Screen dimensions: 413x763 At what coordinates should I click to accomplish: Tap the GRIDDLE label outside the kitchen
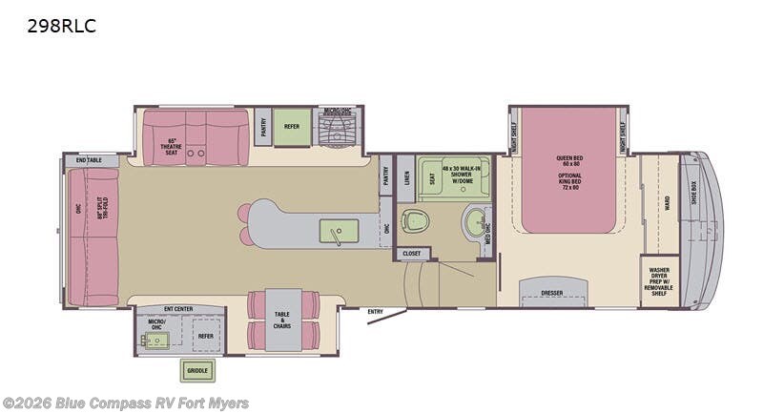[x=197, y=370]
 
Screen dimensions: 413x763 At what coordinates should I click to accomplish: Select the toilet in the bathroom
[x=415, y=220]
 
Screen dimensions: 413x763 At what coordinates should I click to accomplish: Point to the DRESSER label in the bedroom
[x=551, y=293]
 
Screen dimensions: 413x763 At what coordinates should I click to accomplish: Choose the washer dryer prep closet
[x=659, y=280]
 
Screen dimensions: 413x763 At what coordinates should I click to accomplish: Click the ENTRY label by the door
[x=375, y=312]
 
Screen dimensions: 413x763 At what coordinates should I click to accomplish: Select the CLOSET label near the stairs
[x=411, y=253]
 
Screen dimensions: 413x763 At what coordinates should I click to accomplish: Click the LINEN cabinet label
[x=406, y=178]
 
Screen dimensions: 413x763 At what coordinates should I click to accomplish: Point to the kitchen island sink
[x=339, y=231]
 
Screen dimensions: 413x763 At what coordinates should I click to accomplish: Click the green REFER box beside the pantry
[x=292, y=126]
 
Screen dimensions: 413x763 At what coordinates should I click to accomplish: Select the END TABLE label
[x=89, y=160]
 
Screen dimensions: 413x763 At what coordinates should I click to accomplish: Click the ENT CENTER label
[x=178, y=308]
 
